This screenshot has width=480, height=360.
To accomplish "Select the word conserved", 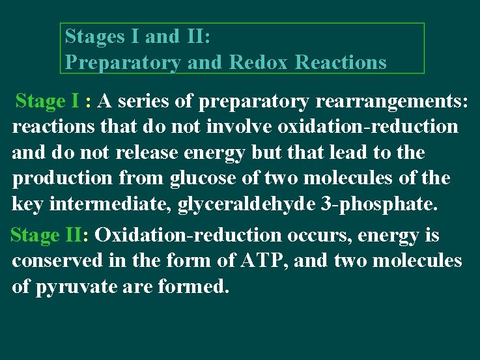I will [55, 261].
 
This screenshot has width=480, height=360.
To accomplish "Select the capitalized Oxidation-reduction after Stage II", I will [181, 235].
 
